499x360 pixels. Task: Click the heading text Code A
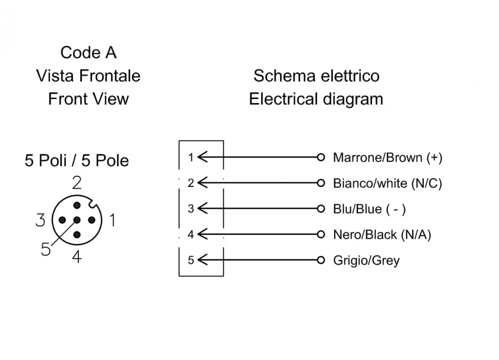coord(88,53)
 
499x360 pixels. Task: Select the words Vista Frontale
coord(88,76)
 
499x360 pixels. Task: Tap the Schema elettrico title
coord(317,76)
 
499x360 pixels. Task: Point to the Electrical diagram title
coord(316,99)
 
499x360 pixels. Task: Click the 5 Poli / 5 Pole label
coord(77,160)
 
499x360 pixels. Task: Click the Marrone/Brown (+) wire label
coord(388,158)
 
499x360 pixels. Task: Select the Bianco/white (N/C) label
coord(387,184)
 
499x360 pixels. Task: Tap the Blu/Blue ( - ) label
coord(369,209)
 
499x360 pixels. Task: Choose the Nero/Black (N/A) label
coord(382,235)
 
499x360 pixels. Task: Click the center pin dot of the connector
coord(77,220)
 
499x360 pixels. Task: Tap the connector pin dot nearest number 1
coord(92,220)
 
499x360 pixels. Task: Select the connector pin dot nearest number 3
coord(62,220)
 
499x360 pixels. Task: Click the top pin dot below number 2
coord(77,205)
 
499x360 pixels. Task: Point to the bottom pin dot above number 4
coord(77,235)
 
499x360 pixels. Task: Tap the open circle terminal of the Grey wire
coord(321,260)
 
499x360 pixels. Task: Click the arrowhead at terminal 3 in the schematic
coord(202,209)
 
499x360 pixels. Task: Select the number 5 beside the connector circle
coord(46,249)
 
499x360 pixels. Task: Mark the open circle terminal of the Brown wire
coord(321,157)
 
